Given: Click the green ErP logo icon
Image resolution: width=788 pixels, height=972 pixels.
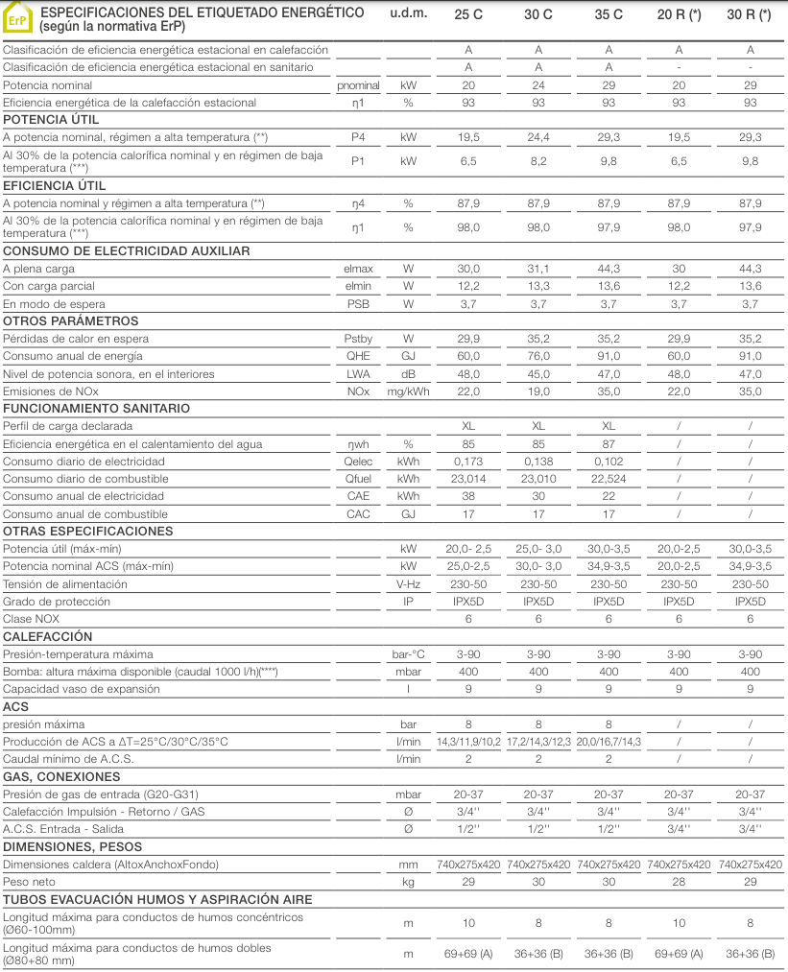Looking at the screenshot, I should [x=17, y=18].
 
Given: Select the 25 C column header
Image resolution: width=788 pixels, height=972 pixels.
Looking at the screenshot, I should [x=468, y=14].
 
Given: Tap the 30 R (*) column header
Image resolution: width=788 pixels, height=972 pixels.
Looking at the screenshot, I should [x=751, y=14].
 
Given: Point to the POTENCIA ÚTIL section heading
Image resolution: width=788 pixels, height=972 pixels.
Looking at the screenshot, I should [x=51, y=120].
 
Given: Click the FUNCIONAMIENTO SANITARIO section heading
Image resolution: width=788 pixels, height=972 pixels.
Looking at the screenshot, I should [x=96, y=409].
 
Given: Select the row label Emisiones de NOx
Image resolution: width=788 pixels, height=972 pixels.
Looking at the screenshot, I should [x=51, y=391].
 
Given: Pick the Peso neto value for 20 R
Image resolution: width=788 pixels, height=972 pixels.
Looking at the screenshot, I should [x=679, y=882].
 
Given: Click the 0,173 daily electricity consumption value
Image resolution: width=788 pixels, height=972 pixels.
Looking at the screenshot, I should [x=468, y=462].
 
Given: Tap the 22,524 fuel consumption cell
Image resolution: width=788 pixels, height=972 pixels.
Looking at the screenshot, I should [x=609, y=479].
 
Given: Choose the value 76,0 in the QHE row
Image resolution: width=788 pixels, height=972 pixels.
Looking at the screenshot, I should [x=538, y=356].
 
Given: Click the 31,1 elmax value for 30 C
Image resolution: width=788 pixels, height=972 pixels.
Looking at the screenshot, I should [x=538, y=269].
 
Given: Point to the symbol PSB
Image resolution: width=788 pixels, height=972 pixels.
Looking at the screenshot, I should [x=358, y=304].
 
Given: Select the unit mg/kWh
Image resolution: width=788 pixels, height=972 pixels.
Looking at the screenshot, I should [x=409, y=391].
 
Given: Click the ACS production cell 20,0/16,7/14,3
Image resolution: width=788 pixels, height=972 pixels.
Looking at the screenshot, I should [x=609, y=742].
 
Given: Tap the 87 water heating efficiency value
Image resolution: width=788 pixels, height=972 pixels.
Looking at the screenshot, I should [x=609, y=444].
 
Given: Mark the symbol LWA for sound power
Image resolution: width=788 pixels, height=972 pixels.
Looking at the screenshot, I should [x=358, y=374].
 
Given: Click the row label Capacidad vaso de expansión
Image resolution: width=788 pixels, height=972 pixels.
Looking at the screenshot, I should [x=83, y=689].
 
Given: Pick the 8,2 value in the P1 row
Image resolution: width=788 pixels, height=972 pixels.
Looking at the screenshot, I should [x=538, y=160].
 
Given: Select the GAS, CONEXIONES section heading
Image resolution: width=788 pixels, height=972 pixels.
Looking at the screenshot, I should [x=62, y=777].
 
